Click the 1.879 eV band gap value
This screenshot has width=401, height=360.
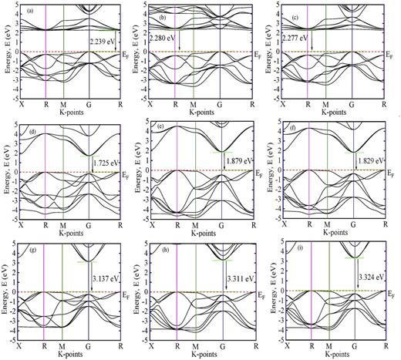click(241, 161)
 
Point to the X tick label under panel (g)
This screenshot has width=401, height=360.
click(22, 344)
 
